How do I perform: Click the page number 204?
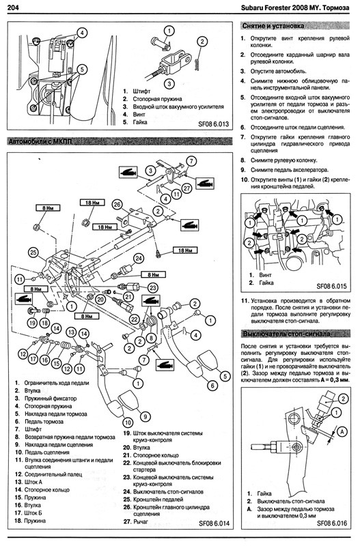point(12,7)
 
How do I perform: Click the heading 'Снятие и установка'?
point(273,26)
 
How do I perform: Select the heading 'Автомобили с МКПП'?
point(39,142)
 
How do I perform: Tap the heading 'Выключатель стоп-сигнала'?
point(286,334)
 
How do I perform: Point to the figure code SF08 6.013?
point(214,124)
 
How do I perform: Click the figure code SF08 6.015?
point(331,286)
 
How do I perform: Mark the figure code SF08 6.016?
point(332,523)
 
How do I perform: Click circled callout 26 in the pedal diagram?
point(117,204)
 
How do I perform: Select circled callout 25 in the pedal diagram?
point(33,252)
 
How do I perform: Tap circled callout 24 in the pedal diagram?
point(139,259)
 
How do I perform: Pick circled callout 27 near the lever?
point(187,188)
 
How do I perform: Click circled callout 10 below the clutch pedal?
point(128,422)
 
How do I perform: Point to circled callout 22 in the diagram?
point(135,318)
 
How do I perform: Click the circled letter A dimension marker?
point(342,432)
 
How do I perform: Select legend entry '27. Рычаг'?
point(135,521)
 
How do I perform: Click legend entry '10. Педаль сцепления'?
point(42,452)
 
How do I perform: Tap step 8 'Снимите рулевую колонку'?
point(279,160)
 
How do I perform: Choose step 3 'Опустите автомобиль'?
point(273,71)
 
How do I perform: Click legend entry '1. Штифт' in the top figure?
point(136,91)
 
